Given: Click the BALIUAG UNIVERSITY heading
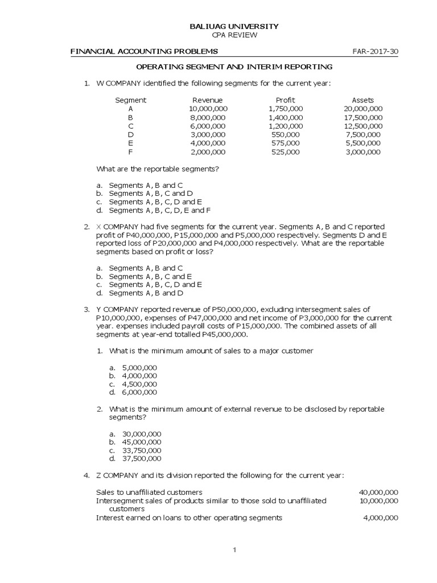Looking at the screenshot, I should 234,26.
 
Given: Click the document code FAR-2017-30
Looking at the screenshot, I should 376,51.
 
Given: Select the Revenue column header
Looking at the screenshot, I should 208,100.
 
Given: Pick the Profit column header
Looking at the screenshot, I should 285,100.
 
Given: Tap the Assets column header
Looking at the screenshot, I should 363,100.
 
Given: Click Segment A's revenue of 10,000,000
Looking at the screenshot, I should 208,109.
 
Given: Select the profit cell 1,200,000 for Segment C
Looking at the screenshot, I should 285,126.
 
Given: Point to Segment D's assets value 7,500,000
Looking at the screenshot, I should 363,135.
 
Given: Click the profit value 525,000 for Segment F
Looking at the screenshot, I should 285,152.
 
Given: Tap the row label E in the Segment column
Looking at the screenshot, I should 130,143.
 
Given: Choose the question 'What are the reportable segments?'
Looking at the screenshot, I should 158,169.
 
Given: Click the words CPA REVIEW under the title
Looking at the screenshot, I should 234,35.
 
